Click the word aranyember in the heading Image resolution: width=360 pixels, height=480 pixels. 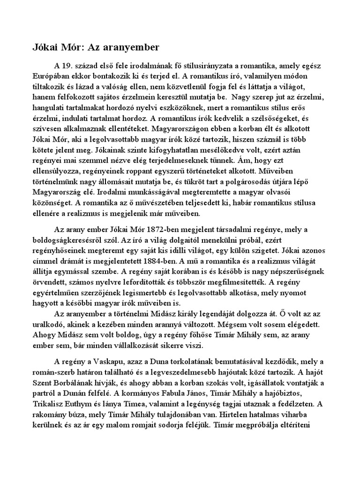pos(134,47)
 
